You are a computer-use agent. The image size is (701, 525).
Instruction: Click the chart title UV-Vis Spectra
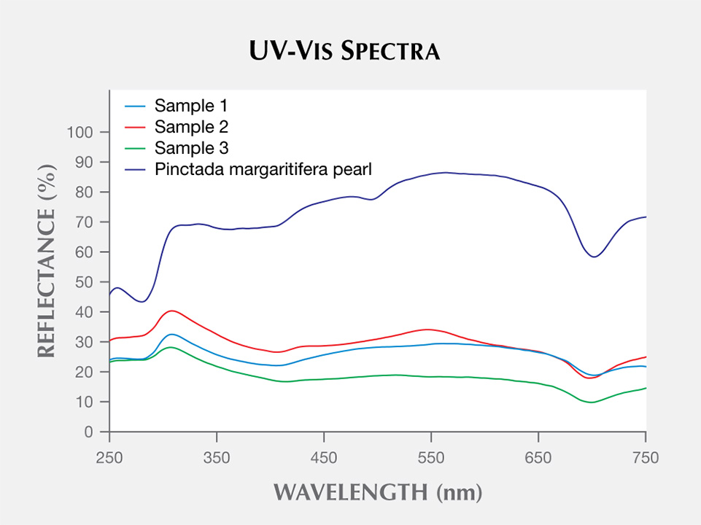pos(344,50)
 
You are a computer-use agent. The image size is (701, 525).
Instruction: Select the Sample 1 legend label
pos(191,106)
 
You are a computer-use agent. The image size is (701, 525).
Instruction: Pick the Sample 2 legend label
pos(191,127)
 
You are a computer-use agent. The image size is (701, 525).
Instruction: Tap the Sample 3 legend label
pos(191,148)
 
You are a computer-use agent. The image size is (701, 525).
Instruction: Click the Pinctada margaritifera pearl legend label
pos(263,169)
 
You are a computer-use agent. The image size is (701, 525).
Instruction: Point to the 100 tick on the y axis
pos(80,132)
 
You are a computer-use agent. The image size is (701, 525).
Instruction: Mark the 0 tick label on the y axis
pos(88,432)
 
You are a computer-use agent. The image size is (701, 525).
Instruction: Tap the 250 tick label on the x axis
pos(109,457)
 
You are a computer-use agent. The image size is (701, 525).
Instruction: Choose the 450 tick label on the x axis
pos(324,457)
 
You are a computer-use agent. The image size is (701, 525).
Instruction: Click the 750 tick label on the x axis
pos(646,457)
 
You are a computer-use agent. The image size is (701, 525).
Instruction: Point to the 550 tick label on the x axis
pos(431,457)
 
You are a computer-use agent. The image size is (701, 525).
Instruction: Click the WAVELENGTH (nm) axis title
pos(378,492)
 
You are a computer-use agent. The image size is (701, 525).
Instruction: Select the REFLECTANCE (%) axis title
pos(47,261)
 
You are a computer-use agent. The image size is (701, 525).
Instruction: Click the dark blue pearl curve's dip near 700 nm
pos(595,257)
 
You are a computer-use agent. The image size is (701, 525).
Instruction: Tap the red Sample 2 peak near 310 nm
pos(172,311)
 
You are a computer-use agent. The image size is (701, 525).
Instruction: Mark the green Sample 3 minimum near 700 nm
pos(591,402)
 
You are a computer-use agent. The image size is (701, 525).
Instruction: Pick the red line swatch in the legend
pos(135,128)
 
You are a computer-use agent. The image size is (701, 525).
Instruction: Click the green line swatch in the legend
pos(135,148)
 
